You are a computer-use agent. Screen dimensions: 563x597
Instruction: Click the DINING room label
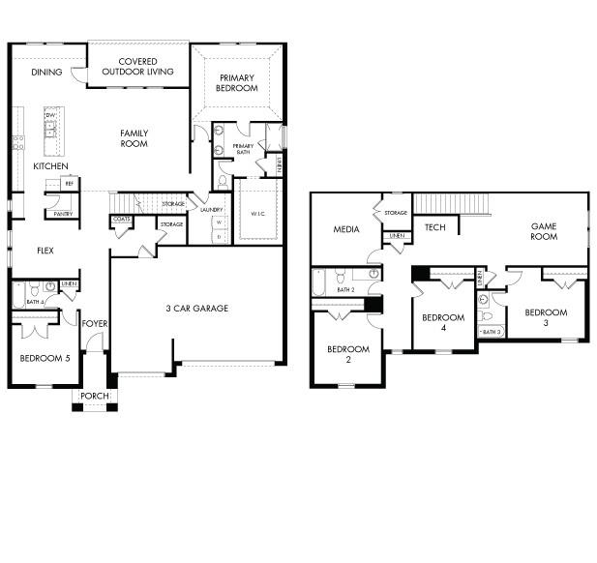(46, 72)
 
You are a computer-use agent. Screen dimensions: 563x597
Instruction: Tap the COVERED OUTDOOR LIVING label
(137, 67)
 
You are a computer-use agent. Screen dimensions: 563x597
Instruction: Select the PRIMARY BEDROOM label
(237, 82)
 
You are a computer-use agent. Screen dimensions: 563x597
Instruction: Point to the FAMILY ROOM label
(134, 138)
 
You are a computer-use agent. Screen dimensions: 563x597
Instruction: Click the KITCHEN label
(50, 166)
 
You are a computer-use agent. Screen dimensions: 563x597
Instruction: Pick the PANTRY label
(63, 214)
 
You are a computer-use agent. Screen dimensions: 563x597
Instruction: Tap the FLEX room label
(45, 251)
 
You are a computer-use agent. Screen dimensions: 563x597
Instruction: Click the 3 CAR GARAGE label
(196, 309)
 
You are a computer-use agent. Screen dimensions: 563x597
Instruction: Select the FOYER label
(94, 324)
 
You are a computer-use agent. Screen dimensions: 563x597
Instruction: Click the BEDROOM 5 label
(45, 358)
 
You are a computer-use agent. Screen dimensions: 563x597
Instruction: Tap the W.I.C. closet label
(257, 214)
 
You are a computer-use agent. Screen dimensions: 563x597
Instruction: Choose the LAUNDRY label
(212, 209)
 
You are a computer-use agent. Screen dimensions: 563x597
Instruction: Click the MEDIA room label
(345, 229)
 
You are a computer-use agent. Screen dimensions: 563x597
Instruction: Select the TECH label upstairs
(433, 228)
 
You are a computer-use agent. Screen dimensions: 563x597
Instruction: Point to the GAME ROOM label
(544, 231)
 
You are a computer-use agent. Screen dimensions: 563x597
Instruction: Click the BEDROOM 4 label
(443, 322)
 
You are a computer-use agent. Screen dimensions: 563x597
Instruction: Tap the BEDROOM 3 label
(546, 317)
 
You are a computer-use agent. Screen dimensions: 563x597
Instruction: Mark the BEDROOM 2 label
(347, 354)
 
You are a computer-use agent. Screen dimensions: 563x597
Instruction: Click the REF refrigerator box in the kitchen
(69, 182)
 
